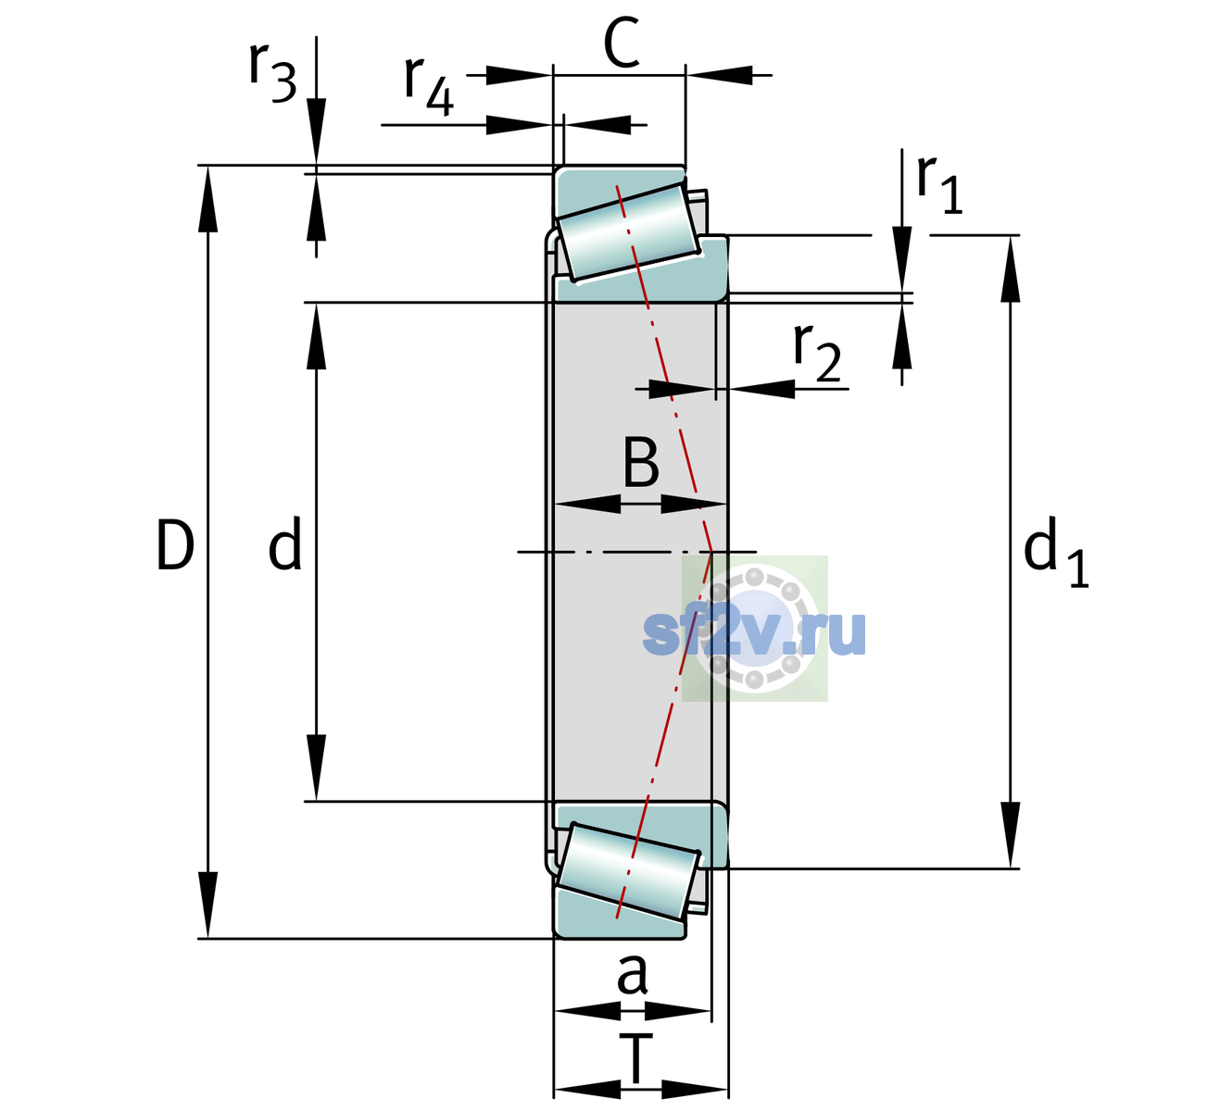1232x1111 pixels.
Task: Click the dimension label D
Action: pyautogui.click(x=175, y=545)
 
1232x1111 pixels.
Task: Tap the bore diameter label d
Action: pyautogui.click(x=285, y=543)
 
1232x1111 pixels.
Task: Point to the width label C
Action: pyautogui.click(x=622, y=43)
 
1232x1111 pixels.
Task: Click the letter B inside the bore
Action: pyautogui.click(x=641, y=462)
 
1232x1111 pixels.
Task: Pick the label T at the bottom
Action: pyautogui.click(x=636, y=1059)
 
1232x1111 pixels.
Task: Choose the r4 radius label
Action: pyautogui.click(x=429, y=86)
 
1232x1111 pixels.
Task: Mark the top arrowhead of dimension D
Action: pyautogui.click(x=207, y=199)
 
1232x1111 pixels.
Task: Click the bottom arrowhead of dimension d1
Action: pyautogui.click(x=1011, y=835)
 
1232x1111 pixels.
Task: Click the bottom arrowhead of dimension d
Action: pyautogui.click(x=316, y=768)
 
